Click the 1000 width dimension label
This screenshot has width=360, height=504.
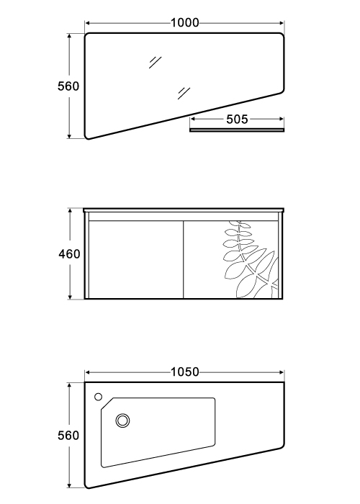coord(184,23)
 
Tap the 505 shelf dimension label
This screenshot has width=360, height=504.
coord(237,120)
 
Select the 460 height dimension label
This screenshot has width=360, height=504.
coord(69,254)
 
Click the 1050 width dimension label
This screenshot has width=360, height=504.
coord(185,372)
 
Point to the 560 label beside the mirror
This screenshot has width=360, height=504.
coord(68,86)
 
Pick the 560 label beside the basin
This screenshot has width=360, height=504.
coord(68,435)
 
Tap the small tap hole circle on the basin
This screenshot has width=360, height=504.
coord(99,397)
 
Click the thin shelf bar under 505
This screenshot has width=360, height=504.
coord(237,130)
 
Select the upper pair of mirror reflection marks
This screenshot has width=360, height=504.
coord(155,63)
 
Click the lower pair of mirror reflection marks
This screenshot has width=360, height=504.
coord(184,93)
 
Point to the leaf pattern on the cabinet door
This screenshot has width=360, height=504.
coord(251,259)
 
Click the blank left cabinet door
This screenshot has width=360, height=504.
coord(135,260)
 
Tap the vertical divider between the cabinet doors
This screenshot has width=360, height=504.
coord(183,260)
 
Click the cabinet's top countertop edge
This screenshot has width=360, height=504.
coord(184,210)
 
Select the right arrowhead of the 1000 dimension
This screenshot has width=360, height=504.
coord(282,23)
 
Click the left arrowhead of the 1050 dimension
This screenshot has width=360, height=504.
coord(88,372)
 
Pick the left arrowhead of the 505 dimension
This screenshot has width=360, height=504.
coord(193,120)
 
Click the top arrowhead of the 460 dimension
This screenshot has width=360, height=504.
coord(69,211)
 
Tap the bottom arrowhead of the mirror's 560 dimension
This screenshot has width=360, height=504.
coord(69,136)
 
